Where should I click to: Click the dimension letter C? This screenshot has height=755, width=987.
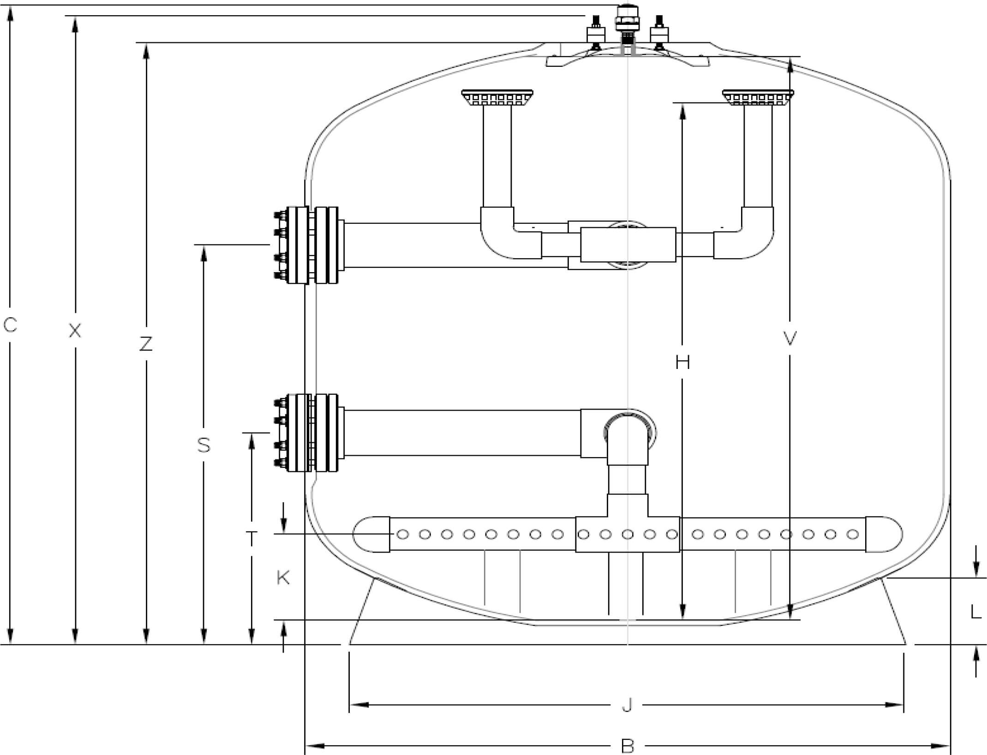tap(10, 325)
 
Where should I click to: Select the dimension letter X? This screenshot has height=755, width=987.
tap(75, 330)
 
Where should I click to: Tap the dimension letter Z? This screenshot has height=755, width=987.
tap(146, 344)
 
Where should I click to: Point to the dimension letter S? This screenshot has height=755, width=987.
tap(203, 445)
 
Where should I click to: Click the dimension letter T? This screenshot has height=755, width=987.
tap(251, 539)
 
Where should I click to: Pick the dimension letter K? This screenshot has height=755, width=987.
tap(283, 577)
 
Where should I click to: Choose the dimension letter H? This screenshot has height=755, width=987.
tap(682, 363)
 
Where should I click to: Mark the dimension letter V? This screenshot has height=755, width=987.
tap(790, 339)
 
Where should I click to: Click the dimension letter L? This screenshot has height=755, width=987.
tap(975, 612)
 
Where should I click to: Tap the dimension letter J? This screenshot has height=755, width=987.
tap(627, 705)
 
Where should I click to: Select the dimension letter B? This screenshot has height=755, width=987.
tap(628, 746)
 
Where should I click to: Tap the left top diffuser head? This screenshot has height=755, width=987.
tap(497, 98)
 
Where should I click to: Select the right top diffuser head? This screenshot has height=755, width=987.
tap(758, 98)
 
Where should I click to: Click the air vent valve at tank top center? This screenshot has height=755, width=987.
tap(627, 25)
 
